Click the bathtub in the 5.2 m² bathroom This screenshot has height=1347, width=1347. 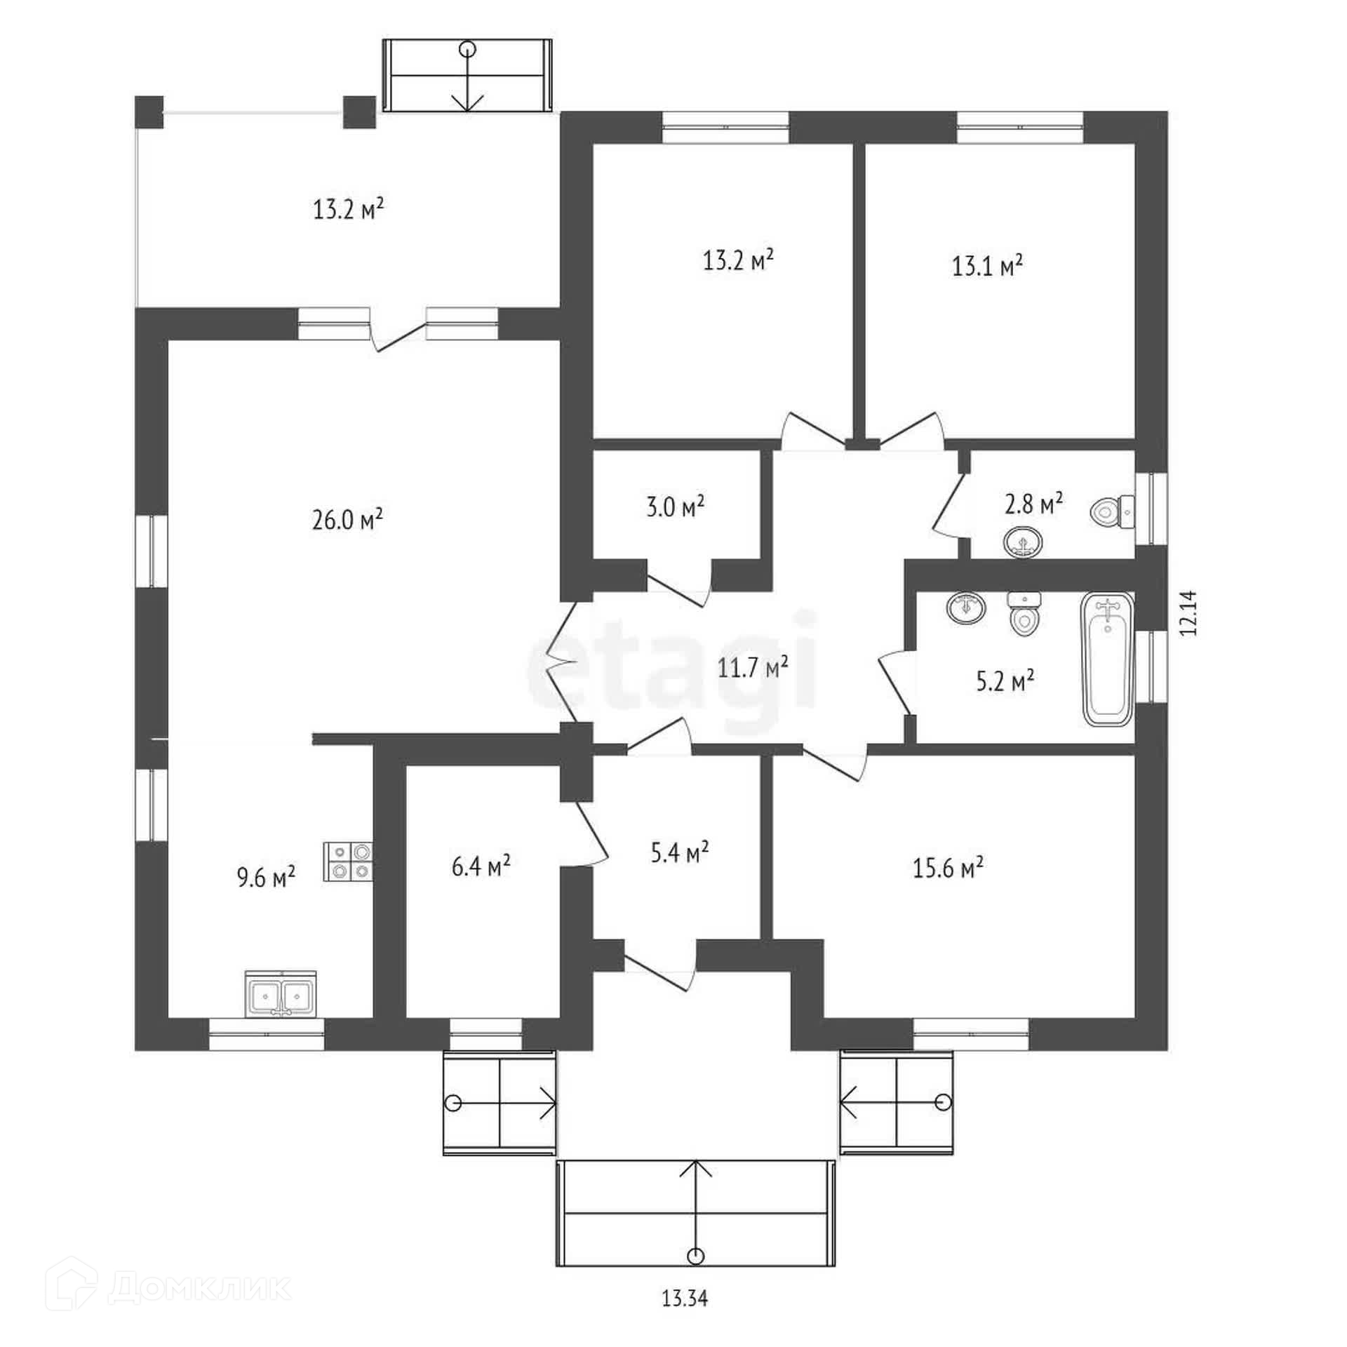[x=1108, y=659]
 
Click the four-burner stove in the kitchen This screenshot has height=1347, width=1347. [x=348, y=861]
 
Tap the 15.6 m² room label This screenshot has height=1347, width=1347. [x=948, y=868]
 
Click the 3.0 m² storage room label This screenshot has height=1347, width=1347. [x=675, y=506]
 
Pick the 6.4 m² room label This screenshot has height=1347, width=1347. [x=481, y=866]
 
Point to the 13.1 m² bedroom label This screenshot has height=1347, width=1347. [x=987, y=266]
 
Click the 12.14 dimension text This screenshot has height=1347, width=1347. [x=1188, y=612]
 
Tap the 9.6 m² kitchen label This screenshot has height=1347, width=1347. [x=265, y=876]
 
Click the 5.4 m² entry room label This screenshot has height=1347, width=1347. [x=678, y=852]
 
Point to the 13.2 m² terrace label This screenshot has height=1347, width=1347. [x=348, y=208]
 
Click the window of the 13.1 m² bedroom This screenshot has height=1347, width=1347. [x=1020, y=128]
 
